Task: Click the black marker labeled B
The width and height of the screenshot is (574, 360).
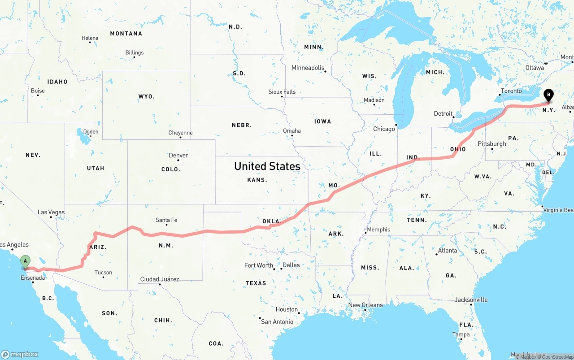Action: click(548, 95)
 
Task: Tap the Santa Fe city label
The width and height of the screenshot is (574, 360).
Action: click(166, 220)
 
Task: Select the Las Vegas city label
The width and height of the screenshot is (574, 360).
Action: click(51, 213)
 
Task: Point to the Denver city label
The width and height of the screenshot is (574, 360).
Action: click(178, 156)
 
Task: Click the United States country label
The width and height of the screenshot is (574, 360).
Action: click(267, 166)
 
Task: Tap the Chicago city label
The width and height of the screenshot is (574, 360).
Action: click(384, 129)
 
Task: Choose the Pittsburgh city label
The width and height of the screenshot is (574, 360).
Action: click(492, 144)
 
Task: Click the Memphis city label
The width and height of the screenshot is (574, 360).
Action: click(378, 230)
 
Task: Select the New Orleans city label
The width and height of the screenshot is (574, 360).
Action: click(365, 305)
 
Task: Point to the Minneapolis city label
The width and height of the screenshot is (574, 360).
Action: click(308, 68)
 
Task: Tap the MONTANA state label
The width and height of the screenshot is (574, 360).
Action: click(126, 34)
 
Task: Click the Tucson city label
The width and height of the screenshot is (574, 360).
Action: click(103, 273)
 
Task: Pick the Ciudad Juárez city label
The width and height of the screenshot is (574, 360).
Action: click(160, 279)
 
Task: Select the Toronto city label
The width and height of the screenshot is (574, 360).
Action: click(511, 91)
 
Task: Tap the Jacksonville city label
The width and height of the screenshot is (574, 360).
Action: click(471, 300)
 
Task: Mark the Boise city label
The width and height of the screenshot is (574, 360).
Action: click(38, 91)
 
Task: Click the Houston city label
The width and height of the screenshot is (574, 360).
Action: click(287, 309)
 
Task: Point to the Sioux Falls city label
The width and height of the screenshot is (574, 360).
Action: click(282, 92)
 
